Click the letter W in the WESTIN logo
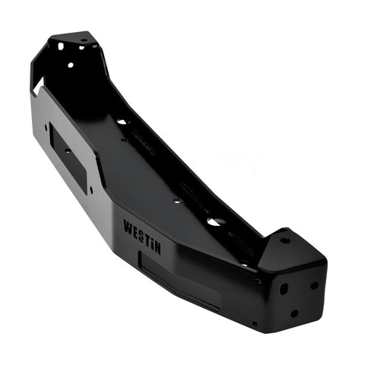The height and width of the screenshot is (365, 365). (127, 224)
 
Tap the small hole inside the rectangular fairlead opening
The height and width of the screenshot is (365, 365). (67, 151)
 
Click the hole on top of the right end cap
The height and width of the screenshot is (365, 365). (284, 240)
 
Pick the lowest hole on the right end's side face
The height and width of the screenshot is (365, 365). (294, 313)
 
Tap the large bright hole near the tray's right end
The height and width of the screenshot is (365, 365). (215, 222)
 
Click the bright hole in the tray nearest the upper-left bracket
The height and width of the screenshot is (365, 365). (122, 121)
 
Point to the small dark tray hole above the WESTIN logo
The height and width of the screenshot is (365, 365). (176, 202)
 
